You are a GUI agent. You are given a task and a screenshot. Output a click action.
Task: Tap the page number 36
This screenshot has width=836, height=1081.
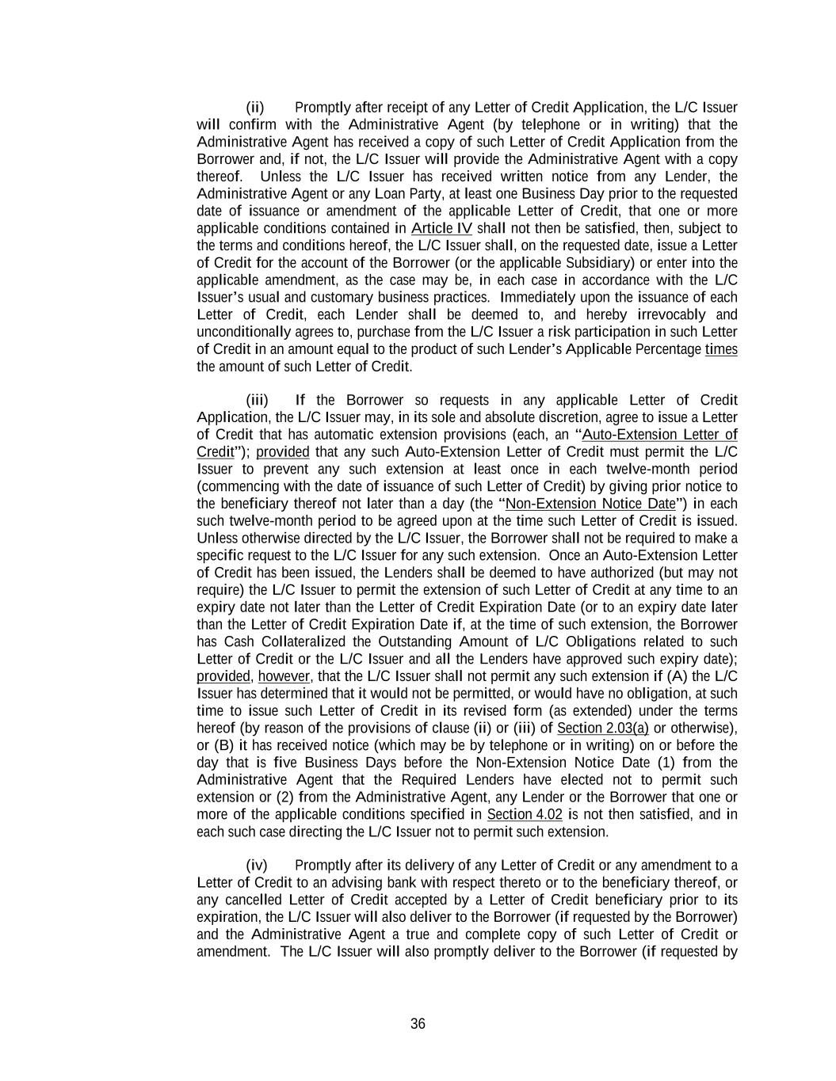click(x=418, y=1024)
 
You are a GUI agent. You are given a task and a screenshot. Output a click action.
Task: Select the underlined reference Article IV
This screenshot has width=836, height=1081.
click(x=441, y=228)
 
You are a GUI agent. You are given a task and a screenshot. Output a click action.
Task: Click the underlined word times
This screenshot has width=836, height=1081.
click(x=721, y=349)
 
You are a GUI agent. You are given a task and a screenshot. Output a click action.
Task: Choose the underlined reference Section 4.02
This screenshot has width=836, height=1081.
click(x=525, y=814)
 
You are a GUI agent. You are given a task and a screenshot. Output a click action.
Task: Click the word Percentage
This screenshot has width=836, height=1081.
click(x=668, y=349)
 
